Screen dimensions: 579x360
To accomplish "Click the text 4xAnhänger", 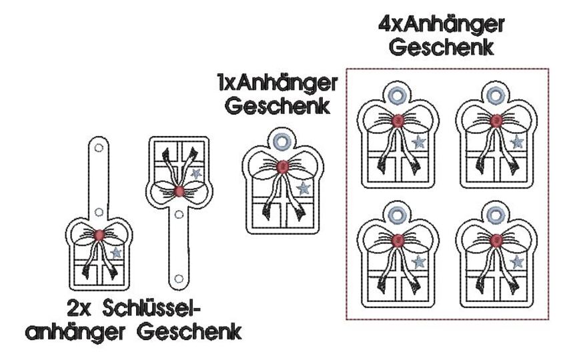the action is tap(442, 25).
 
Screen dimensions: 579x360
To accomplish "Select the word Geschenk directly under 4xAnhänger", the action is tap(442, 47).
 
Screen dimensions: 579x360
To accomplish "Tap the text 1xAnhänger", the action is tap(277, 83).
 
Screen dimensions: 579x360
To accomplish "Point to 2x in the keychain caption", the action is tap(79, 309).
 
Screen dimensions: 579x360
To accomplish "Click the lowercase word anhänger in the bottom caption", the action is tap(75, 332).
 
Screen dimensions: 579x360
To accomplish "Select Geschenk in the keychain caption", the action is tap(189, 331).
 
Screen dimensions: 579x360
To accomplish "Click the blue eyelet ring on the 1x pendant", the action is tap(281, 141).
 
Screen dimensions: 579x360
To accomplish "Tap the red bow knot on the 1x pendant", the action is tap(282, 167).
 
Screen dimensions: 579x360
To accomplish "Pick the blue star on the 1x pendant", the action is tap(303, 188).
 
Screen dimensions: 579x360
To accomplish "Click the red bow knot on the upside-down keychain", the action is tap(179, 191).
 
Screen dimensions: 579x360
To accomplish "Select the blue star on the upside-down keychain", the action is tap(195, 173).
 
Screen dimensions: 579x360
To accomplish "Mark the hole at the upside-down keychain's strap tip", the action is tap(179, 278).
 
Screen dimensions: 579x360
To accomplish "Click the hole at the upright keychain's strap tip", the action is tap(99, 148).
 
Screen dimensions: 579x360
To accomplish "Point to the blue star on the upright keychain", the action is tap(116, 253).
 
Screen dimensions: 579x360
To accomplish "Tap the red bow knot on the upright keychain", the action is tap(99, 235).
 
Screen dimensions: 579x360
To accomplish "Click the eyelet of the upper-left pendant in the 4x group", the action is tap(398, 95).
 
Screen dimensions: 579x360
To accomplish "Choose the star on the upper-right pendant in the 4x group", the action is tap(516, 141).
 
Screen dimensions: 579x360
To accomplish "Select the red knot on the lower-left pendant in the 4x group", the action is tap(398, 241).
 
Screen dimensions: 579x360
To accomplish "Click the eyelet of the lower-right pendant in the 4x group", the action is tap(496, 215).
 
